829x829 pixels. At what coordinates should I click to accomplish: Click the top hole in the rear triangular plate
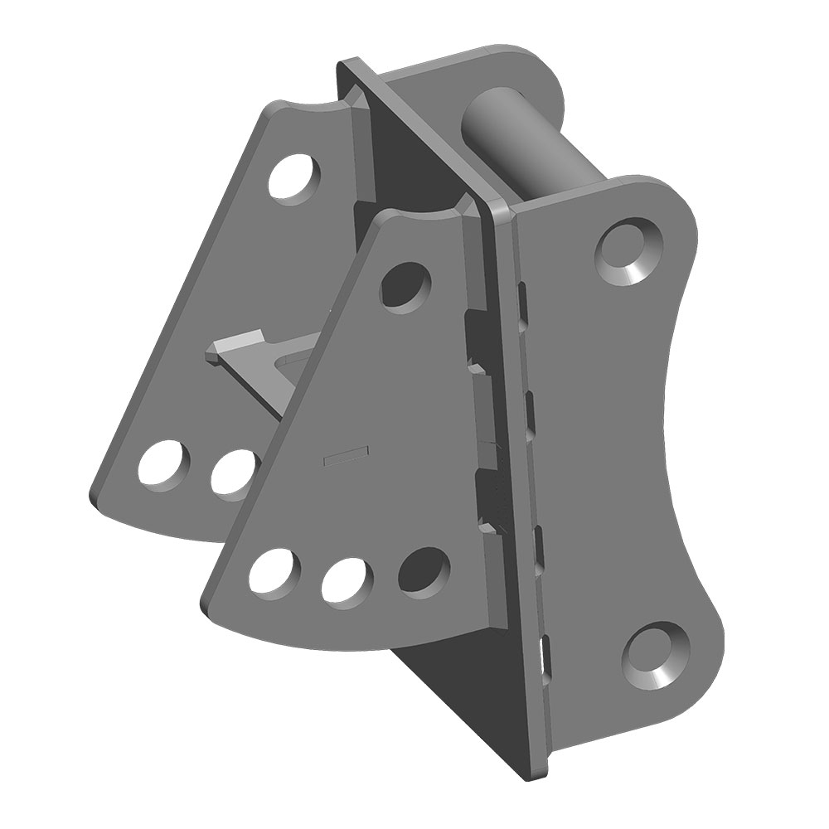click(x=295, y=176)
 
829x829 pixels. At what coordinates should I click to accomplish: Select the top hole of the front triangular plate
click(x=406, y=286)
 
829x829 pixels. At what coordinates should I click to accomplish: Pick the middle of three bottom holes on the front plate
click(x=347, y=579)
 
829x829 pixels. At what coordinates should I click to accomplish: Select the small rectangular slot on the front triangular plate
click(x=343, y=454)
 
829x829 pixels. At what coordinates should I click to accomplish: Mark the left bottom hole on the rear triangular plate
click(x=164, y=466)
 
